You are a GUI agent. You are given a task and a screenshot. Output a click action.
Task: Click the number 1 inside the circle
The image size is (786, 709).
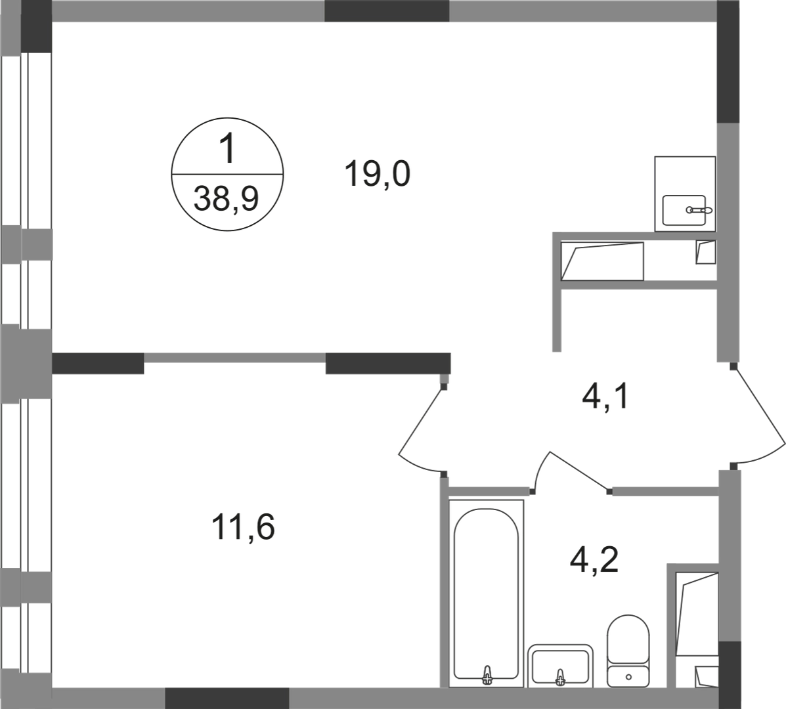pyautogui.click(x=229, y=151)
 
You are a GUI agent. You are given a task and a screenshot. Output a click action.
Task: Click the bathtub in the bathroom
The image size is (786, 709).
pyautogui.click(x=487, y=591)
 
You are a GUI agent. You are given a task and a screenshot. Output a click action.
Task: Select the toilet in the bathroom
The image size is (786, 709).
pyautogui.click(x=628, y=647)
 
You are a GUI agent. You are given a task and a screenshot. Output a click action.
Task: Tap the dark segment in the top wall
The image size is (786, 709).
pyautogui.click(x=387, y=11)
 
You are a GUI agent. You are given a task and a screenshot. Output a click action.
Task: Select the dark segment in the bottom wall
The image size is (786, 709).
pyautogui.click(x=227, y=696)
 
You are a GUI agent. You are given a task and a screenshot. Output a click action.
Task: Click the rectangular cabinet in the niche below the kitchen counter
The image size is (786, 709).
pyautogui.click(x=603, y=262)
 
